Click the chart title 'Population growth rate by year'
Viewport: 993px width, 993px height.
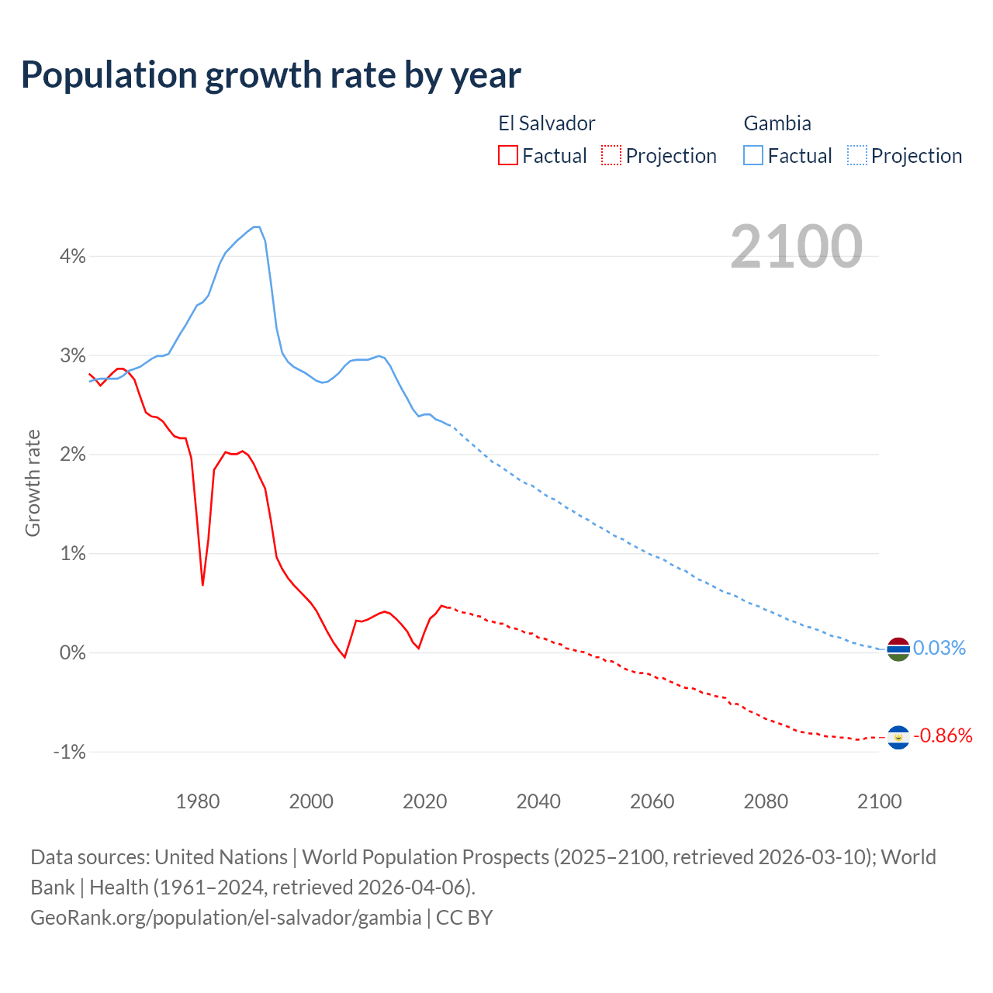(271, 75)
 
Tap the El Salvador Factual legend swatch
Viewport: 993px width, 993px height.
(508, 156)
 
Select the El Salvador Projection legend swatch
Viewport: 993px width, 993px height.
(611, 156)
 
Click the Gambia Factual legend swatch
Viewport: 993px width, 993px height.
(753, 156)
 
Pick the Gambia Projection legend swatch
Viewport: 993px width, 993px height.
(856, 156)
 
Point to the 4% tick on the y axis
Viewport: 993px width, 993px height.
(72, 256)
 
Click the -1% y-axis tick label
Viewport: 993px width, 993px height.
(69, 752)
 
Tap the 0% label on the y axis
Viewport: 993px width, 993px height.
(72, 652)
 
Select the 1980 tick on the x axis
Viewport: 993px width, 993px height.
(198, 801)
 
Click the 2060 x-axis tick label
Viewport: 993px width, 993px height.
(652, 801)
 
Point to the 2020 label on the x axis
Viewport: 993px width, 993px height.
(424, 801)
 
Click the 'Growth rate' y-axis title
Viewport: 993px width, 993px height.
(33, 483)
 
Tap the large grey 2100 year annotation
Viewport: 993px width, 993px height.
(796, 247)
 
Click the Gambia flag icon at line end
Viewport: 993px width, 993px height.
(898, 649)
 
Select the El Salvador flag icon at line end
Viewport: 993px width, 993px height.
(898, 737)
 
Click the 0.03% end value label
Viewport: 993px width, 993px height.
(939, 648)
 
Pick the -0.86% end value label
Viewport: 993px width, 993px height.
(943, 735)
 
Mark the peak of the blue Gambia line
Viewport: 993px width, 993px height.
(256, 227)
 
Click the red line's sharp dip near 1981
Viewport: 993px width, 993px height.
(202, 585)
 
